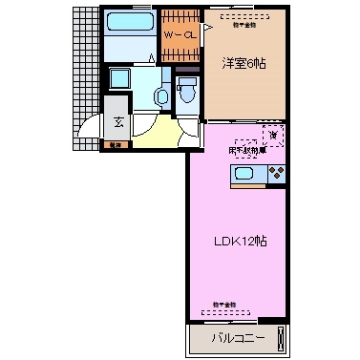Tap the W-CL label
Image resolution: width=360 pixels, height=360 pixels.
click(x=179, y=35)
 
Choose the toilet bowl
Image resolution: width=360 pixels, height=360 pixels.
click(x=187, y=93)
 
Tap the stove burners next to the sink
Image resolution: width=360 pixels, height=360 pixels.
click(x=276, y=174)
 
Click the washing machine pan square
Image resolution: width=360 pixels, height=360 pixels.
click(x=121, y=80)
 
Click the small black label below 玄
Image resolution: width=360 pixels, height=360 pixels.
click(x=116, y=144)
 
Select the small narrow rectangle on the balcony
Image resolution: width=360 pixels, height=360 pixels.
click(x=279, y=337)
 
